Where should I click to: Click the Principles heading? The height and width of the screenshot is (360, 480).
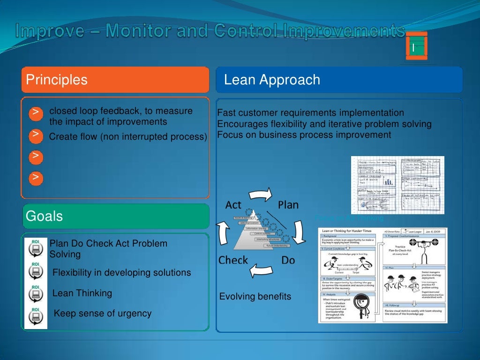coord(57,80)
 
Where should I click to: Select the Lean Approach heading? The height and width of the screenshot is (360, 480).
coord(272,80)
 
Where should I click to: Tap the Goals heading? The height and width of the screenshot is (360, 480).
coord(45,216)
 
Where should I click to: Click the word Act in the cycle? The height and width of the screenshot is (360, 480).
coord(233,205)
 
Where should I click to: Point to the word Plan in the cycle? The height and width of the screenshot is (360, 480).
coord(288,205)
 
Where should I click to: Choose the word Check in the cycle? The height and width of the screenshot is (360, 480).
coord(233,260)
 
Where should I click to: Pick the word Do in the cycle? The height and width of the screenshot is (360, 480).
coord(288,260)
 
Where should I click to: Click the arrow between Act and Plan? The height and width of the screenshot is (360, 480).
coord(261,193)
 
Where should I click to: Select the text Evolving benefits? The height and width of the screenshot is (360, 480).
coord(255,297)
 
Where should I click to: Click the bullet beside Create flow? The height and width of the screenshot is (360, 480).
coord(36,135)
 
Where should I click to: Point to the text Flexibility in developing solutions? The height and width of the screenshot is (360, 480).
coord(121,272)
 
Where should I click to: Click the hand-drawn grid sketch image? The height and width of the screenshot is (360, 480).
coord(397,185)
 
